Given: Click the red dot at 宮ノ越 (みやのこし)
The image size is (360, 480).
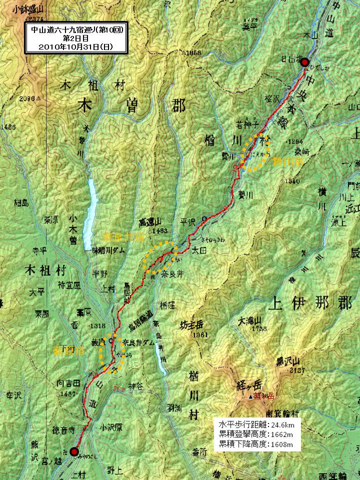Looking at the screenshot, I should [74, 452].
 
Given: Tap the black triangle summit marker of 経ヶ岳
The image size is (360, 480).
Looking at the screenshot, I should [250, 397].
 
